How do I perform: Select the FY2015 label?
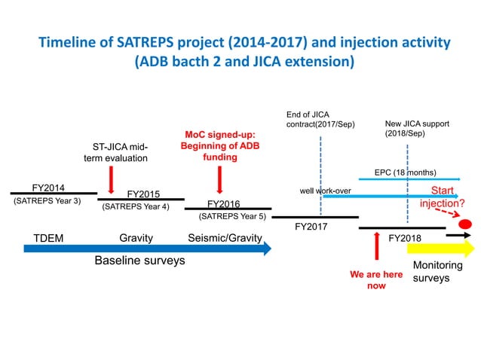143,194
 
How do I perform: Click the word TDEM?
48,238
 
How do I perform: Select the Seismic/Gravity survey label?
225,238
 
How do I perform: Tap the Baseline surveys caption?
139,261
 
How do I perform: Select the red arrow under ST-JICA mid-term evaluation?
111,179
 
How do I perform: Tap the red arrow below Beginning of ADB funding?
219,179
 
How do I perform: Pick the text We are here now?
376,280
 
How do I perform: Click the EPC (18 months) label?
406,172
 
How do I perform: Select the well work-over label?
326,191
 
